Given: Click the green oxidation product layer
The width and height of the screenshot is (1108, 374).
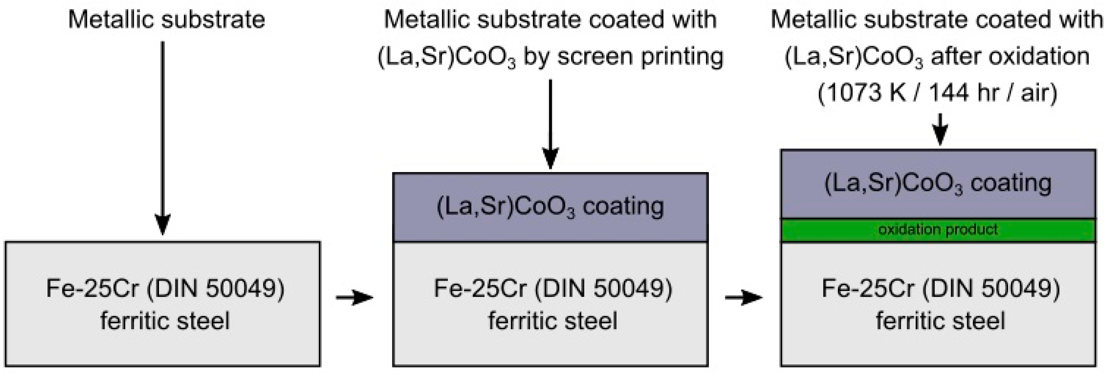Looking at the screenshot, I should coord(938,230).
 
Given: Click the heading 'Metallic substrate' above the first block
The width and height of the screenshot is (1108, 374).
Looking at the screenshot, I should coord(166,20).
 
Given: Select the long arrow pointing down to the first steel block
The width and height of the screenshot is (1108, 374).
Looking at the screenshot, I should coord(163,138).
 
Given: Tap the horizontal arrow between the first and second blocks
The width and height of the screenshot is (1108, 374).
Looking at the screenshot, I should coord(354,297).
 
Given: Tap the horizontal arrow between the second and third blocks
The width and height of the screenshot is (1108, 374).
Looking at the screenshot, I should coord(743,297).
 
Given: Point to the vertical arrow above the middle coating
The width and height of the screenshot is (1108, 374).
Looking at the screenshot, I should coord(550,125).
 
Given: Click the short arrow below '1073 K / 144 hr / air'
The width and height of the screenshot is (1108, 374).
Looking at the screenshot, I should coord(940,129).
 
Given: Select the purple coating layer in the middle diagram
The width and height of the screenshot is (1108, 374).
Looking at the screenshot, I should coord(550,207).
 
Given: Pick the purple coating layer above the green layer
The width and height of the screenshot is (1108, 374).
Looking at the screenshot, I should coord(938,184).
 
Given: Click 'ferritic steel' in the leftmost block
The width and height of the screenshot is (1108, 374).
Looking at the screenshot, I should coord(165,321).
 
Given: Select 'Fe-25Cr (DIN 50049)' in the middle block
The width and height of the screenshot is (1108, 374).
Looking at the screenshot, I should coord(553,288).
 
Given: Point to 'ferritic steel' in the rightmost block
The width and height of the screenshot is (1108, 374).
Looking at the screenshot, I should coord(941,321).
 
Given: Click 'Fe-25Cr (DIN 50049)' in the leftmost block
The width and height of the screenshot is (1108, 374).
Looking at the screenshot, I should coord(165,288).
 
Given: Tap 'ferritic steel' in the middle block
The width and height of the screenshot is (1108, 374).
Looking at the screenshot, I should coord(553,321).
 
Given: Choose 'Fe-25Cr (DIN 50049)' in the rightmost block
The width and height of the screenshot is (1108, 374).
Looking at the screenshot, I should coord(941,288).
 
